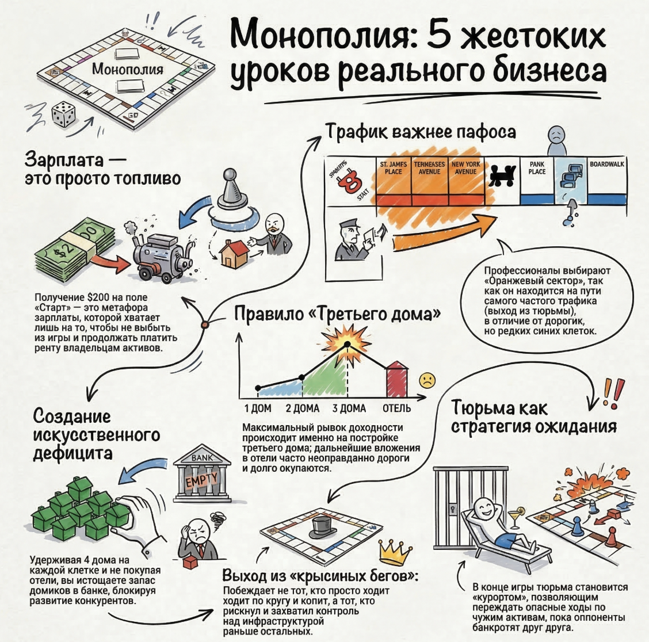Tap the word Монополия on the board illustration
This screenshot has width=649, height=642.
point(127,69)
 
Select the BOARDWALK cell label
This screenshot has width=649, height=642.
point(607,165)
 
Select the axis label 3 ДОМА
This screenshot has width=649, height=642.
point(349,408)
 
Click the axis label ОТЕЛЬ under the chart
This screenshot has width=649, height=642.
point(396,408)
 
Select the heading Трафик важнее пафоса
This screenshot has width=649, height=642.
point(421,131)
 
